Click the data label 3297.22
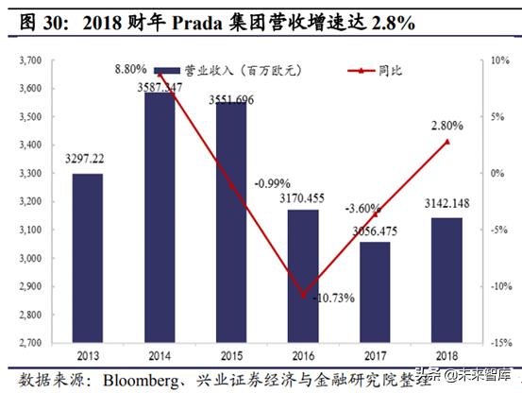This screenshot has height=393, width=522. click(87, 160)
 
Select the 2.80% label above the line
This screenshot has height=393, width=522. click(447, 125)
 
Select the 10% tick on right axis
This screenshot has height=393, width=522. click(500, 60)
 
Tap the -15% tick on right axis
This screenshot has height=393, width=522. click(499, 344)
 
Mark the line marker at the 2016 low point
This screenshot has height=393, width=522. click(303, 295)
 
